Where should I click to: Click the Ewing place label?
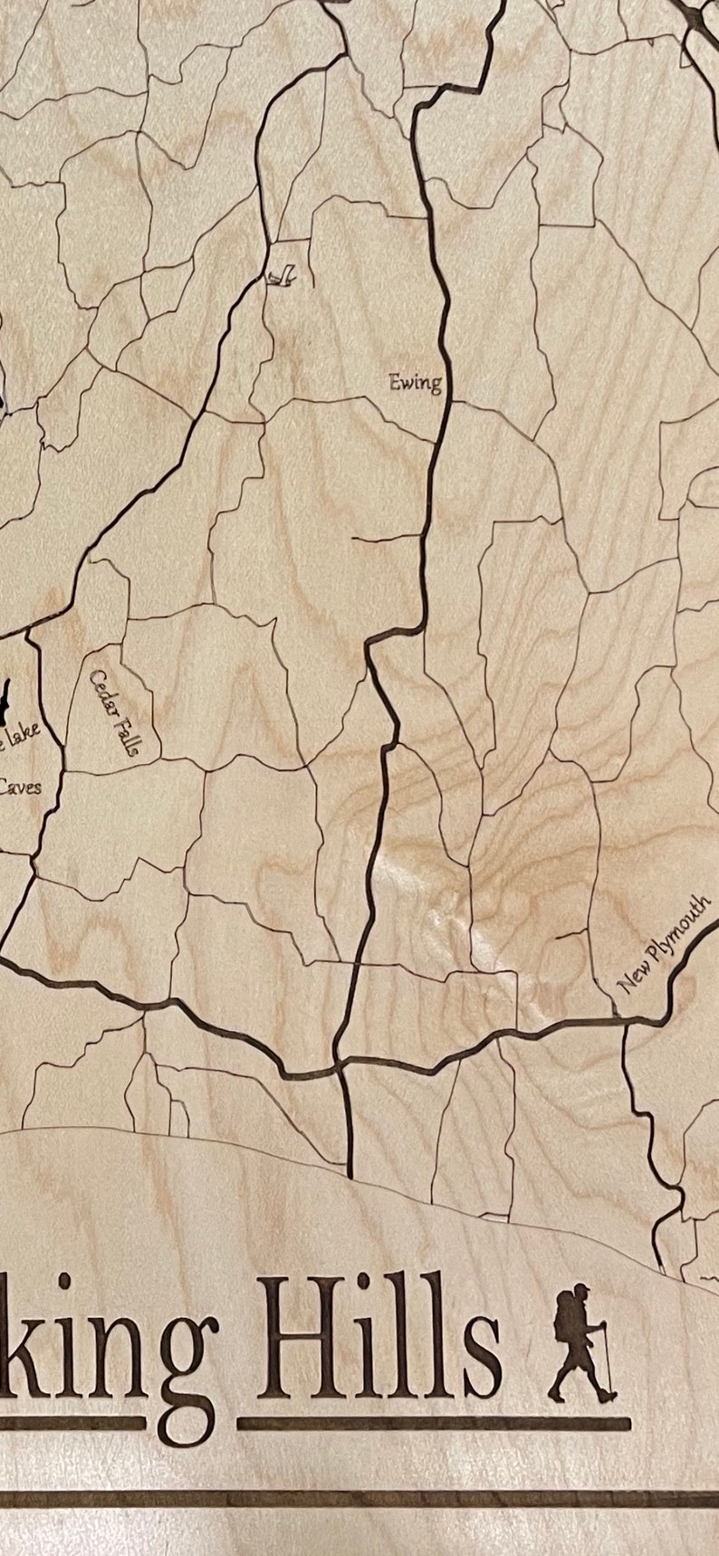click(416, 382)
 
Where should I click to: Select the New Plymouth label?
click(664, 944)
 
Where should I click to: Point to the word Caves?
click(18, 787)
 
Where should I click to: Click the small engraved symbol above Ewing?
click(281, 274)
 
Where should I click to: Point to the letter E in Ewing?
click(396, 380)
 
